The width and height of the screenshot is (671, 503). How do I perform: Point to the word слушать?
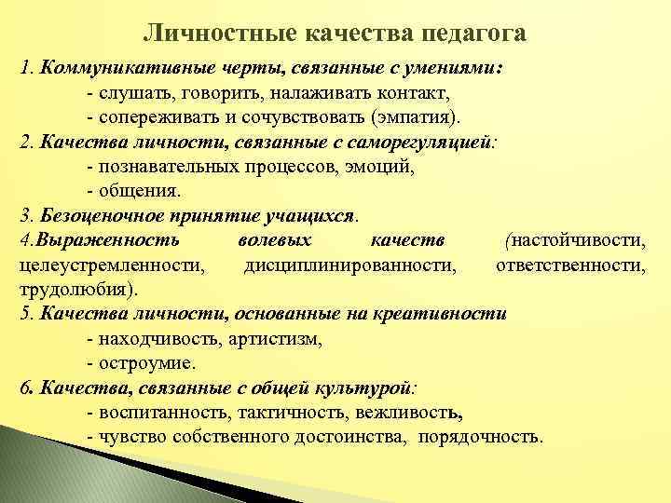[x=129, y=94]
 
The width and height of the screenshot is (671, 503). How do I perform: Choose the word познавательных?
[x=164, y=169]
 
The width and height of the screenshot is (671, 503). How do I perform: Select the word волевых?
[x=261, y=240]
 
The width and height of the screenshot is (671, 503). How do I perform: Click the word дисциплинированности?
[x=350, y=265]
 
